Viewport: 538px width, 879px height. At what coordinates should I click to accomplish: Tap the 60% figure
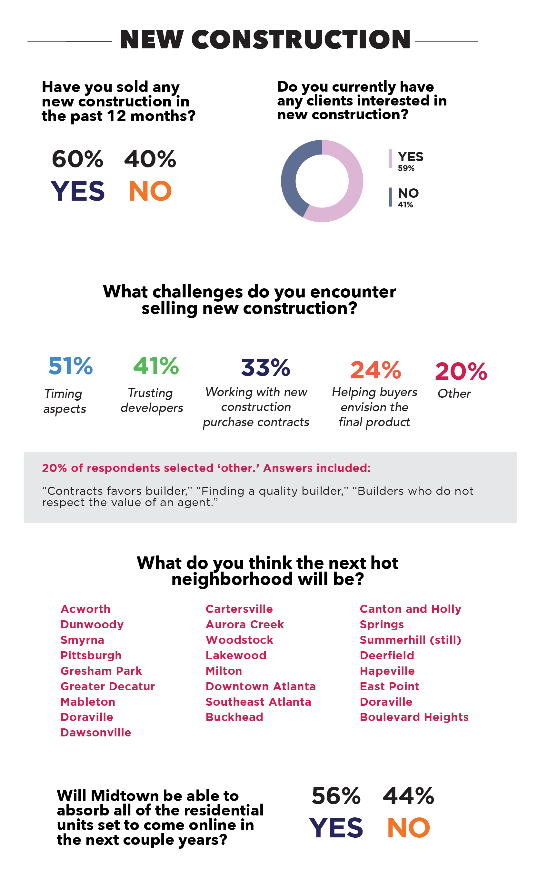click(x=77, y=159)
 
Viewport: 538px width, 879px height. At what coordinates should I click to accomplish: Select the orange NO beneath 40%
click(x=150, y=191)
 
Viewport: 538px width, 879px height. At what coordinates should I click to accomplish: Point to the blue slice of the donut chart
click(x=291, y=175)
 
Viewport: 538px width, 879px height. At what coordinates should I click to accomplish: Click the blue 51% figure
click(x=70, y=366)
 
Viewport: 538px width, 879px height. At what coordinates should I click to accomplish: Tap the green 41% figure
click(x=156, y=366)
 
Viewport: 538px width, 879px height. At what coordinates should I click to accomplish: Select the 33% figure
click(x=265, y=368)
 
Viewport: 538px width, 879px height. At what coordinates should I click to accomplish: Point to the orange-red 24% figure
click(x=375, y=370)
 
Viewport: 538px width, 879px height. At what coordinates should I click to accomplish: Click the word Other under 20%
click(x=454, y=394)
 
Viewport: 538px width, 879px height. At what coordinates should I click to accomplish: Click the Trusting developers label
click(x=152, y=400)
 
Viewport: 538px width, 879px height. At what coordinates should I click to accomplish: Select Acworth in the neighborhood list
click(x=85, y=609)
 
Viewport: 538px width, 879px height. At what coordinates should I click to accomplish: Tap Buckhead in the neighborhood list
click(x=234, y=717)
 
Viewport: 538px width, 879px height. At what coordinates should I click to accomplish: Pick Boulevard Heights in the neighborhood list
click(x=414, y=717)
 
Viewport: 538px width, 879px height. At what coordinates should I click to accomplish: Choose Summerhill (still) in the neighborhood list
click(x=410, y=640)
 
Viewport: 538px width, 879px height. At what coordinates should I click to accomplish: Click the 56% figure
click(x=336, y=796)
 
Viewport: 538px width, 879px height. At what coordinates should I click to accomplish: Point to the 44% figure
click(x=408, y=796)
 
